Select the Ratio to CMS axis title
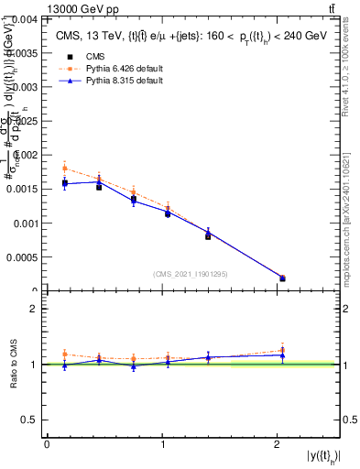click(13, 364)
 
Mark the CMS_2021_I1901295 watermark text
click(191, 274)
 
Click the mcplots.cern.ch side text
click(349, 220)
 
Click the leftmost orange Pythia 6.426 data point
click(65, 168)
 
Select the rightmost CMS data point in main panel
click(282, 278)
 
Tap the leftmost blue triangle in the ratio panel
click(65, 365)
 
